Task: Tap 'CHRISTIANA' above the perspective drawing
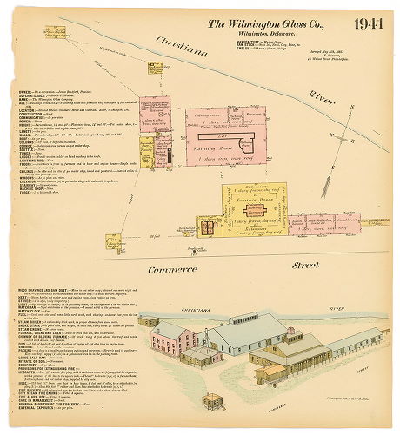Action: point(207,308)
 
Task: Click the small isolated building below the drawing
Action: point(211,402)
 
